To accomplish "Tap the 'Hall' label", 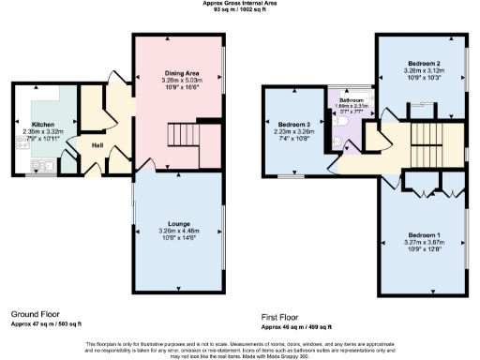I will (97, 145).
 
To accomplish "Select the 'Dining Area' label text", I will (178, 72).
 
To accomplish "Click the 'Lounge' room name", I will (177, 223).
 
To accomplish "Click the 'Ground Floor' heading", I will (37, 313).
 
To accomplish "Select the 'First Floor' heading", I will (285, 316).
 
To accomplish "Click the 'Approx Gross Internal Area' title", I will (240, 4).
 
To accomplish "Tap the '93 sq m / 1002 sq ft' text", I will (240, 10).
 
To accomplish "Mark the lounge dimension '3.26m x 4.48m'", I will (177, 231).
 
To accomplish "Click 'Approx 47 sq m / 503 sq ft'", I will (47, 322).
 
